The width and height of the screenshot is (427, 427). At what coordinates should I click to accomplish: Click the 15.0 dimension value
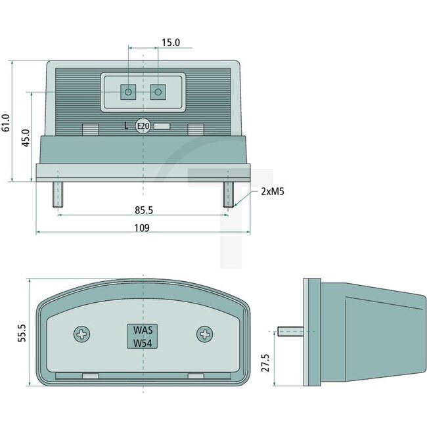[171, 42]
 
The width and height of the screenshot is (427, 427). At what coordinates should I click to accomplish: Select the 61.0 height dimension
[7, 122]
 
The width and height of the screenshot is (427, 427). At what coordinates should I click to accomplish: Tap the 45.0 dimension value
[26, 139]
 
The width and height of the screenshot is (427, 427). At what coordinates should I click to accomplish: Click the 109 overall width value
[142, 228]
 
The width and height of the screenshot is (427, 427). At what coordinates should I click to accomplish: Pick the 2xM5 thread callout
[271, 192]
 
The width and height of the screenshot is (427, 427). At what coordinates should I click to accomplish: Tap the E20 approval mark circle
[143, 126]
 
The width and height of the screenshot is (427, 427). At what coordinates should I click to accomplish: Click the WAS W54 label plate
[143, 336]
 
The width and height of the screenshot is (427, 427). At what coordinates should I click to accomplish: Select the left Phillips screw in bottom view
[82, 335]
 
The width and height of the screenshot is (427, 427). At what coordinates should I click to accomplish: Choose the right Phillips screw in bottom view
[205, 335]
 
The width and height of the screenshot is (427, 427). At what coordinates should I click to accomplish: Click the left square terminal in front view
[128, 92]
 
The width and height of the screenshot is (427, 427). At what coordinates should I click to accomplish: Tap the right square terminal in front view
[158, 92]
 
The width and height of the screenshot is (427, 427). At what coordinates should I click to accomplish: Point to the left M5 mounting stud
[58, 194]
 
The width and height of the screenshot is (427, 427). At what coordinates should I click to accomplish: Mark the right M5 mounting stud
[228, 194]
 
